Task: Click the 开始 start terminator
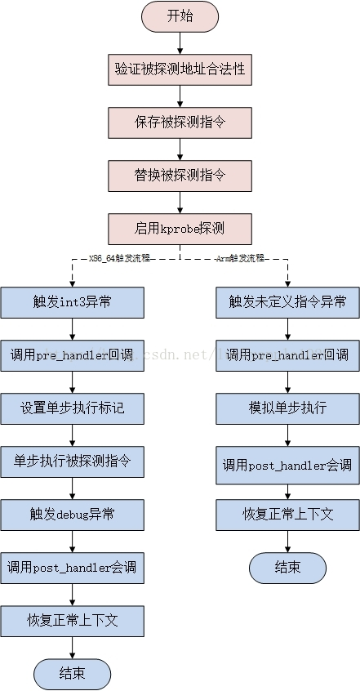180,16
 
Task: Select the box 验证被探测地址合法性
180,69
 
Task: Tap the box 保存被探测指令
180,122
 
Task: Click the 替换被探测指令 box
180,175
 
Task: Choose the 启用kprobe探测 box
180,228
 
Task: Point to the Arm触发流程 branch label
240,258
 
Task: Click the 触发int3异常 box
72,302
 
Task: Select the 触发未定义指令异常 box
287,302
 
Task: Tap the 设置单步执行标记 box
72,408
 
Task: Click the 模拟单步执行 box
287,408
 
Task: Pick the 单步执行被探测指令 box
72,461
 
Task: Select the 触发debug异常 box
72,514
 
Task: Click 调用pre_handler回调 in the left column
72,355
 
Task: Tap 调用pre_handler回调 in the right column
287,355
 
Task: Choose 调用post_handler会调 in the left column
72,567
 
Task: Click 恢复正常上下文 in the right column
287,514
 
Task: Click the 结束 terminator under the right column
287,567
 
